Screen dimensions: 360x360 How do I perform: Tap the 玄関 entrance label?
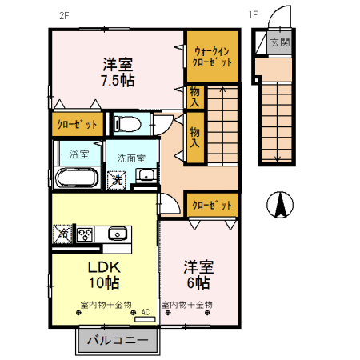click(x=279, y=42)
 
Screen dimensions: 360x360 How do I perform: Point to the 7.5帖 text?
click(x=117, y=80)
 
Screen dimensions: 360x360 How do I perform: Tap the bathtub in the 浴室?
click(x=78, y=177)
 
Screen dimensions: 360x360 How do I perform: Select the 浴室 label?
click(x=78, y=154)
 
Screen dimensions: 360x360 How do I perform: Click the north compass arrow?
click(x=281, y=206)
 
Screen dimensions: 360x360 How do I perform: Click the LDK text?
click(x=104, y=268)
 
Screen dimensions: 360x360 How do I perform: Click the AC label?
click(x=146, y=313)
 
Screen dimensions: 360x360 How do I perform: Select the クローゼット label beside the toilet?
click(x=76, y=124)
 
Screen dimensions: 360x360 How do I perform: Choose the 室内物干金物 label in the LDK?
click(x=106, y=304)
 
